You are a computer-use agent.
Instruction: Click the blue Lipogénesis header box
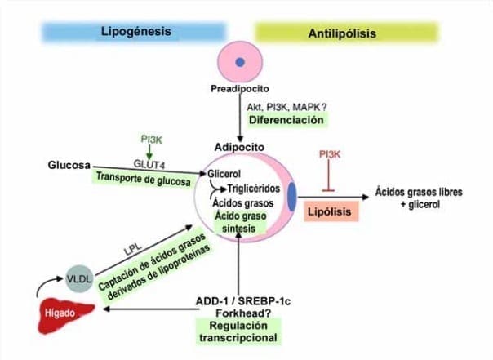click(x=135, y=32)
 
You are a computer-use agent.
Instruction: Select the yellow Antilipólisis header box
click(x=347, y=33)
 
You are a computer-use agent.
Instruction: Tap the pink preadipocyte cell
click(x=240, y=62)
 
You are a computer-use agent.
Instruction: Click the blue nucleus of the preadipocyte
click(x=240, y=62)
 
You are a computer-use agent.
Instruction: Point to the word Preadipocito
click(x=240, y=89)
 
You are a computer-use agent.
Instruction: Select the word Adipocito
click(x=239, y=147)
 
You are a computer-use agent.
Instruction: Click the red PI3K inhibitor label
click(x=330, y=153)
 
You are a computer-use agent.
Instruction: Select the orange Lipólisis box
click(x=329, y=211)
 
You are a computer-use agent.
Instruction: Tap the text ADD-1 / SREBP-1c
click(x=243, y=300)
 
